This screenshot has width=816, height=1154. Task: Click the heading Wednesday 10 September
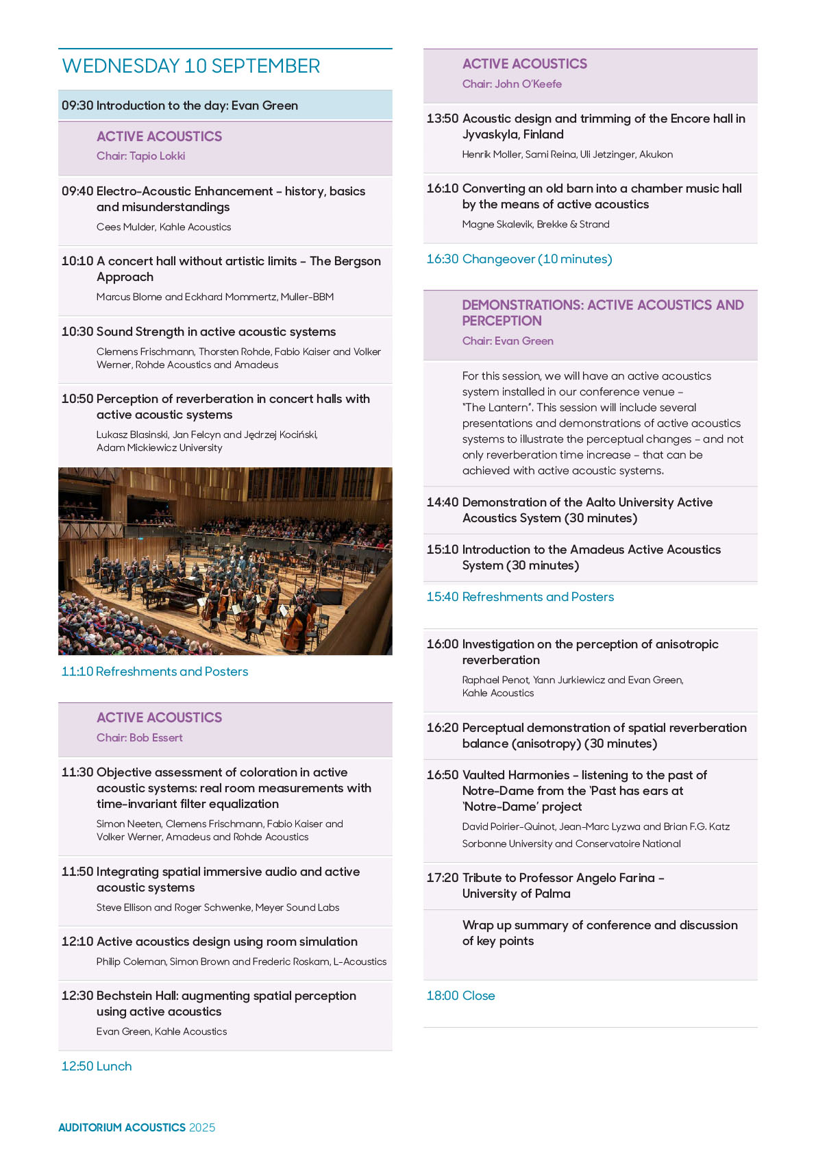coord(191,66)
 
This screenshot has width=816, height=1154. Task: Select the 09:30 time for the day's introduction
coord(77,106)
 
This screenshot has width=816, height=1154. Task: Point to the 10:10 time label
coord(77,261)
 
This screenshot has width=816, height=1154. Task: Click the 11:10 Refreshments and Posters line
coord(155,672)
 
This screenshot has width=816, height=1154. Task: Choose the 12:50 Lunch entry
coord(97,1066)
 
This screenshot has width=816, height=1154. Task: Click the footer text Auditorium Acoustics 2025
coord(136,1127)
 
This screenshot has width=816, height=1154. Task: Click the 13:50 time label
coord(443,119)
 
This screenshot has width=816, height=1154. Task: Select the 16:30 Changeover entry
coord(519,259)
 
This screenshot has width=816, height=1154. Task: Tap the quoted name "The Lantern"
coord(498,408)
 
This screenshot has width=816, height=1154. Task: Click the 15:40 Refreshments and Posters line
coord(520,597)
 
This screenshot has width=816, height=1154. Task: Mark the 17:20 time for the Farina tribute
coord(443,878)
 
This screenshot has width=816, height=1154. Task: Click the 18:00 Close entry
coord(460,996)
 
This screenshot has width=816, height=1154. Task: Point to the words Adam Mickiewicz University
coord(160,448)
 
